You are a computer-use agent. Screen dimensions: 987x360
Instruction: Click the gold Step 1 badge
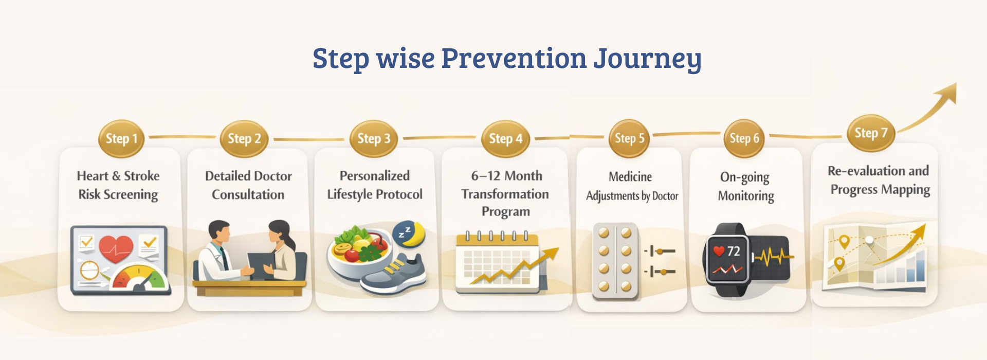point(121,138)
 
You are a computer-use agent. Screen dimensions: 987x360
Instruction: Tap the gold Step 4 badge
point(505,138)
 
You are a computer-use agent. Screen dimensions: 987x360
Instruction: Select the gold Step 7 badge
point(871,133)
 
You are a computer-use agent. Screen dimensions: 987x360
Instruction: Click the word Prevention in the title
point(514,58)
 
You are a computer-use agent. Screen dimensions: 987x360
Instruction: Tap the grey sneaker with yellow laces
point(393,276)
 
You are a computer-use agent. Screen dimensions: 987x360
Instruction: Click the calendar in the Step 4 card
point(497,262)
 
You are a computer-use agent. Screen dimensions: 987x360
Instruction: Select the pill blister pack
point(615,261)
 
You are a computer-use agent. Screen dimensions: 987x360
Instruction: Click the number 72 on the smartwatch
point(734,251)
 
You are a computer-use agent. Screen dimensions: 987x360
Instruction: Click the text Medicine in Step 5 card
point(630,177)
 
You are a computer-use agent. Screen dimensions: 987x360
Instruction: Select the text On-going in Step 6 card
point(745,178)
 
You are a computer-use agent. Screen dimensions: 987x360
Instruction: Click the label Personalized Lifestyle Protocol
point(375,185)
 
